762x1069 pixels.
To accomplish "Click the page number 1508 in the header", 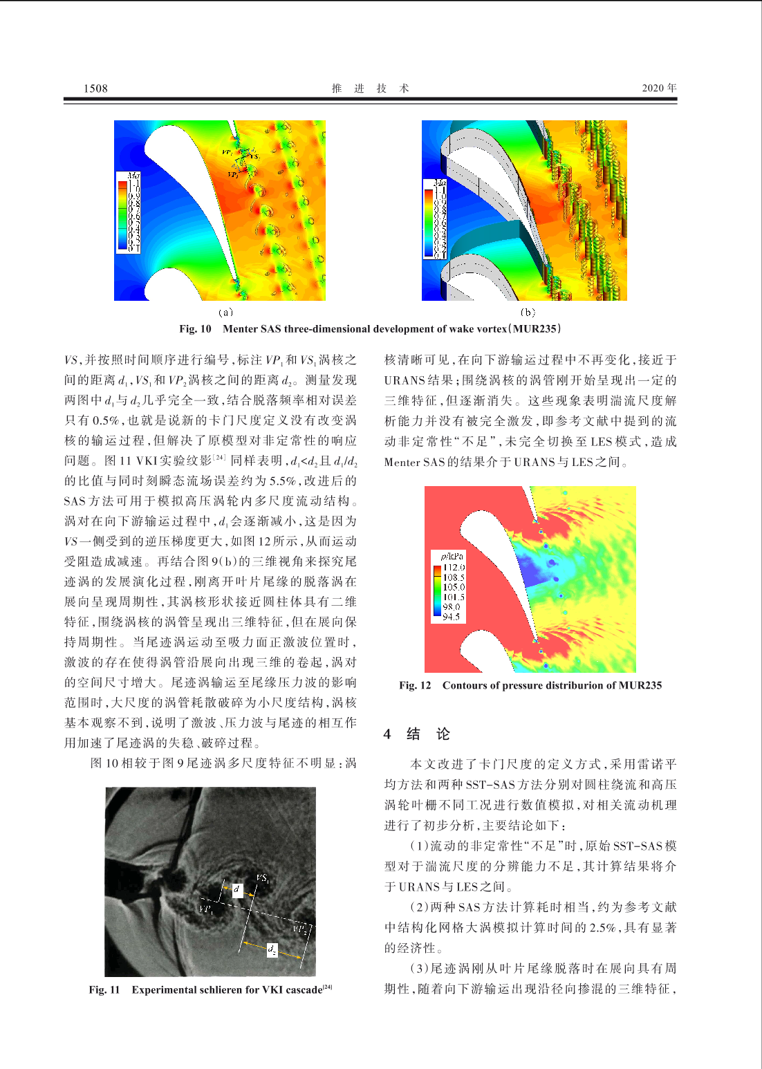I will [x=95, y=88].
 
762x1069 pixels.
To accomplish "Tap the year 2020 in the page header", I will [x=653, y=88].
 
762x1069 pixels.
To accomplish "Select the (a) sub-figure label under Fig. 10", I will [x=225, y=313].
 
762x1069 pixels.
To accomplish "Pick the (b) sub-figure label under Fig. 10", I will [x=528, y=313].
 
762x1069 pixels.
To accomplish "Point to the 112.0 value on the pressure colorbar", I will [x=454, y=567].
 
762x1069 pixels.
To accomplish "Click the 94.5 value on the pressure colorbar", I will [x=451, y=617].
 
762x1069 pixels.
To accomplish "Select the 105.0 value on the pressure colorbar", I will [x=454, y=587].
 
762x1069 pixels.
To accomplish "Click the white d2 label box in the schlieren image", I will [x=272, y=950].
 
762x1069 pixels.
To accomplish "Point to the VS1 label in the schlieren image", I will [x=263, y=878].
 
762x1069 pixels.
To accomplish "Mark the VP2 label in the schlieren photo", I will [x=299, y=929].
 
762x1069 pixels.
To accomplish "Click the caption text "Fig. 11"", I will [x=104, y=989].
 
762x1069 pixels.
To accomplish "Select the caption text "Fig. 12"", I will [x=415, y=685].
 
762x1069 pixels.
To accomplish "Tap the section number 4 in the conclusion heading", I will [x=387, y=734].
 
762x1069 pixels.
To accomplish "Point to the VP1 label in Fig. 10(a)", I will [x=227, y=152].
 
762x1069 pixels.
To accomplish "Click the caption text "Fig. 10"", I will [x=195, y=328].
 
